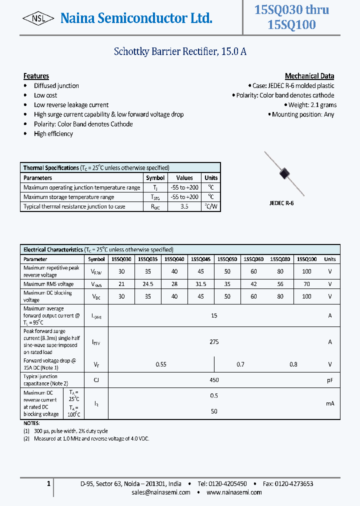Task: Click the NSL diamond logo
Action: [38, 18]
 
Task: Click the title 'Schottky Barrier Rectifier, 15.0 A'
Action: [180, 51]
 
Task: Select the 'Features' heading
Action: [36, 76]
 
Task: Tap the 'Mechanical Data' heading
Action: [309, 76]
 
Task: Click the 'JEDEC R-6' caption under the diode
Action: [281, 203]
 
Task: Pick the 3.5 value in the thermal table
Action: [184, 206]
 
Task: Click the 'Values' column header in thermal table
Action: [184, 177]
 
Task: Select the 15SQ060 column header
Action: [253, 259]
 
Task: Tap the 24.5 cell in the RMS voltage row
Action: [147, 284]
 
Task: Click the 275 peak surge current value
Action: [214, 342]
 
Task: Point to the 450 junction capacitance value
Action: [214, 380]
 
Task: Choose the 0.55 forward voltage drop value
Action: [161, 364]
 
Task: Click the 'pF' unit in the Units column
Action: [330, 380]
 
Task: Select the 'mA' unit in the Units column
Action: [330, 403]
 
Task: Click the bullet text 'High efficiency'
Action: [53, 133]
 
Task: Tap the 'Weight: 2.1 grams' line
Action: [312, 105]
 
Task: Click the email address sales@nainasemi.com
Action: [160, 492]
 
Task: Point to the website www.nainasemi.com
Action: [234, 492]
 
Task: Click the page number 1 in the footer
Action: [48, 483]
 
